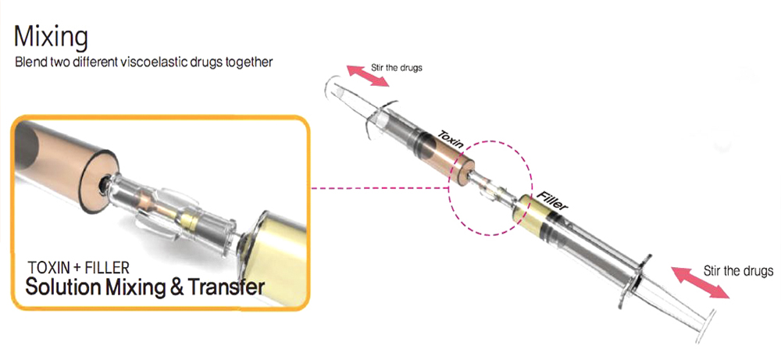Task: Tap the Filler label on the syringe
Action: click(551, 198)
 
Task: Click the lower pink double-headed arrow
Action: click(700, 283)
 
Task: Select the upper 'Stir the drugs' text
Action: click(397, 67)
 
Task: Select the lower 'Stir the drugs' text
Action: click(738, 272)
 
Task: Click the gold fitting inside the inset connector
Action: click(190, 220)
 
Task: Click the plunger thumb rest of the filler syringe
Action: click(707, 326)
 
